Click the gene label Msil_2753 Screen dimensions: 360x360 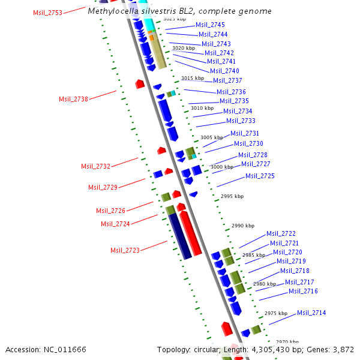click(x=47, y=13)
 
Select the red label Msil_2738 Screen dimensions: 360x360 click(x=73, y=99)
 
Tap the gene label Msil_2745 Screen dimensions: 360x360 click(x=210, y=25)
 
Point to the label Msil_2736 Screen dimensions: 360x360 click(x=231, y=92)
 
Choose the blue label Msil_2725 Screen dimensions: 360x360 click(x=260, y=176)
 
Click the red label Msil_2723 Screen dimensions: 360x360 click(x=125, y=250)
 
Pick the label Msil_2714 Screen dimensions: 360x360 click(x=311, y=313)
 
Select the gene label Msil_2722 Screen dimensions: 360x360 click(x=281, y=233)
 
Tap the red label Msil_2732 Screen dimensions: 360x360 click(x=96, y=166)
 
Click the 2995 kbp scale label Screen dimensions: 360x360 click(x=232, y=196)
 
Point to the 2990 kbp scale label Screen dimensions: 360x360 click(x=243, y=226)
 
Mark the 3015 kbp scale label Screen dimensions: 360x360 click(x=193, y=78)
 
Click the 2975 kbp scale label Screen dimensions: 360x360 click(x=276, y=313)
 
